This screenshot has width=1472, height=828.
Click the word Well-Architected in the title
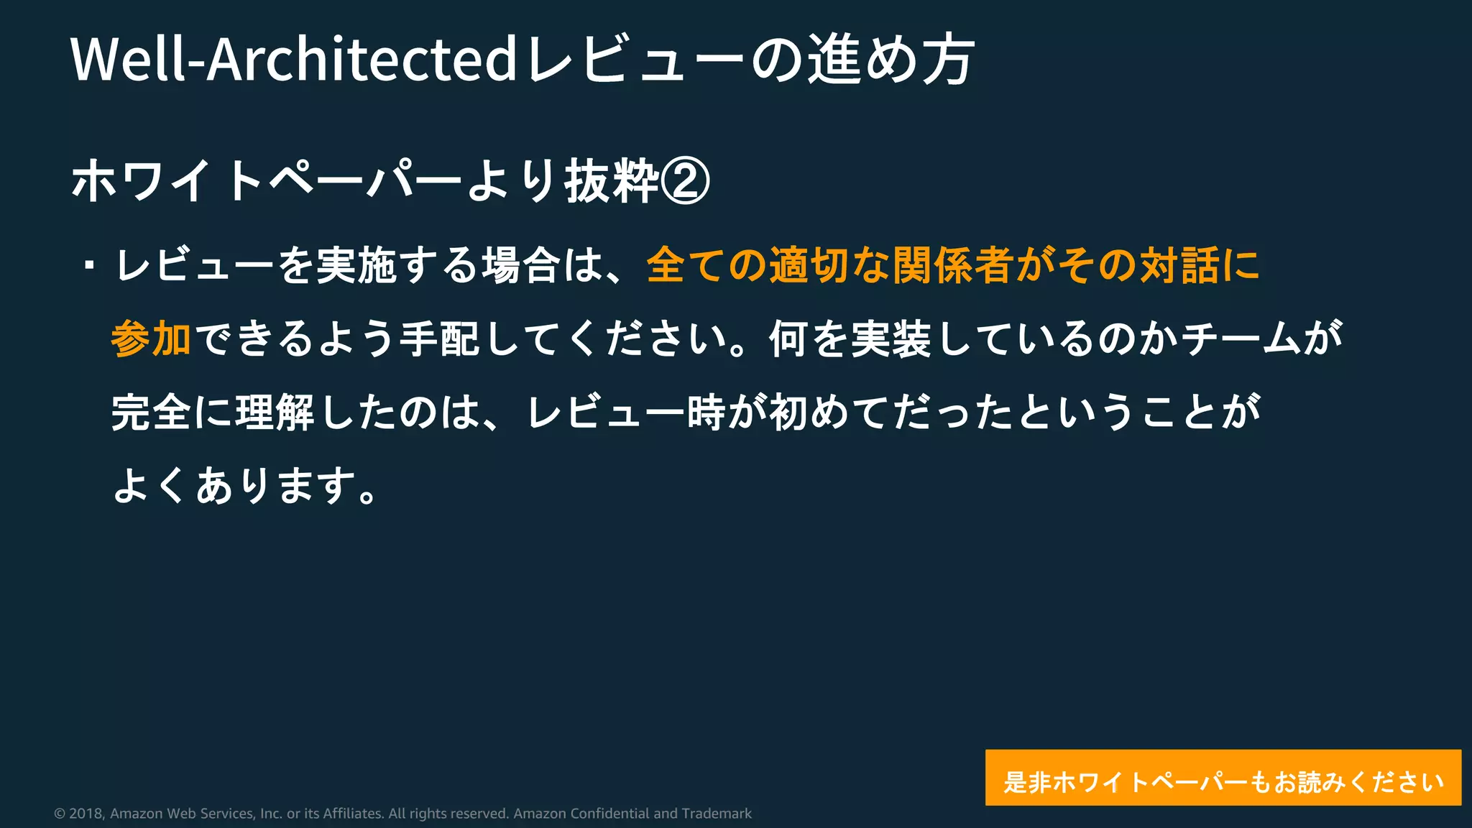tap(293, 59)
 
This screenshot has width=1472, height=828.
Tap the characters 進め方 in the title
tap(891, 59)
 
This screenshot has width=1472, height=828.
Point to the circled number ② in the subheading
tap(685, 180)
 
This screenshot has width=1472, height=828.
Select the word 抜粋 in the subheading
tap(612, 180)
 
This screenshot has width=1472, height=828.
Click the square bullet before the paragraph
tap(89, 265)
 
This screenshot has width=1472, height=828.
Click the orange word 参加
tap(151, 339)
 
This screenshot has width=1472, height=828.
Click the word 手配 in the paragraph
tap(440, 339)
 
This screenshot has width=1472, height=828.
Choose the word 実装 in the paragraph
tap(891, 339)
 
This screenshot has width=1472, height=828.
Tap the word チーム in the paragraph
tap(1240, 339)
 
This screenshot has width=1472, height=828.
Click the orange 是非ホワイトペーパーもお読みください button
tap(1223, 778)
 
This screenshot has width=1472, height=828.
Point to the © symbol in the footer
tap(60, 814)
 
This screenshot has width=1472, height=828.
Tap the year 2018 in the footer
tap(86, 814)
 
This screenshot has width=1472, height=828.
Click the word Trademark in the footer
tap(716, 814)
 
